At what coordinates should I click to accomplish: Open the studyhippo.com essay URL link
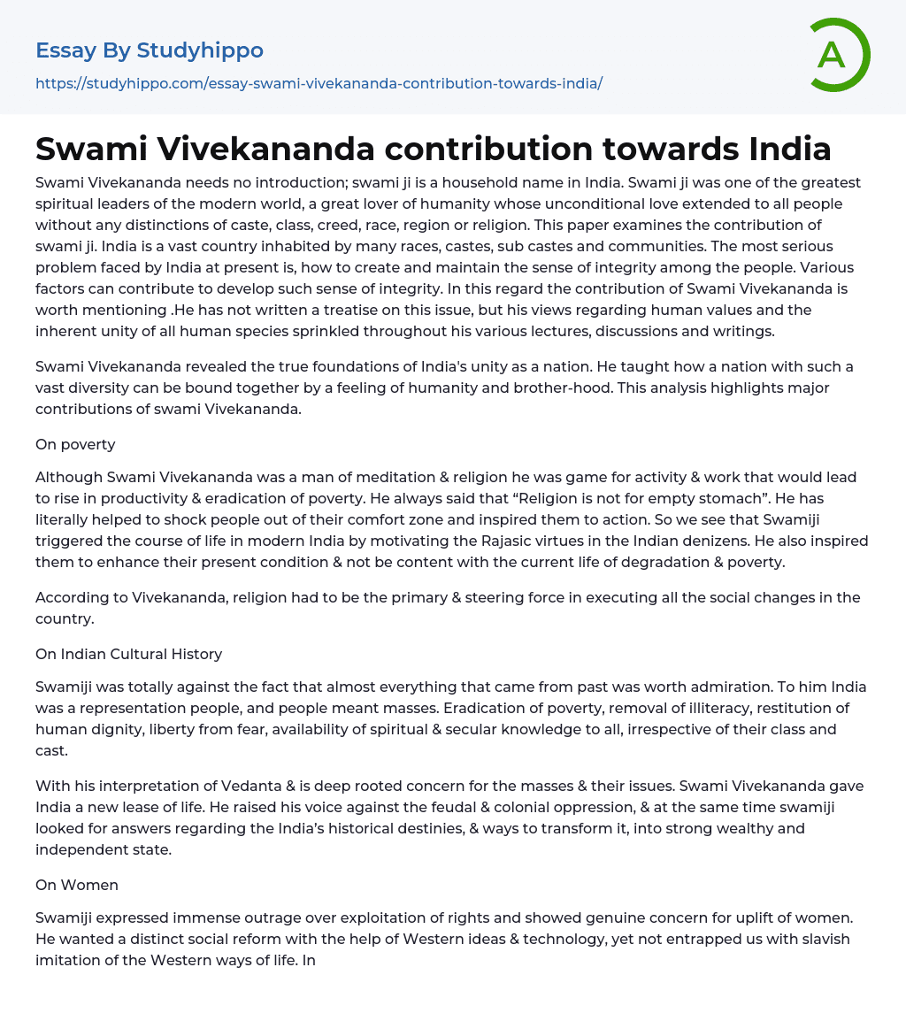pyautogui.click(x=319, y=83)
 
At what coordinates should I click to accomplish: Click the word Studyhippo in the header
pyautogui.click(x=200, y=50)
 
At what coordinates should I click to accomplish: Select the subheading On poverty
pyautogui.click(x=75, y=444)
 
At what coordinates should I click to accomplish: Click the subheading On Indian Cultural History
pyautogui.click(x=128, y=654)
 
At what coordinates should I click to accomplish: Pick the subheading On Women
pyautogui.click(x=77, y=885)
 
